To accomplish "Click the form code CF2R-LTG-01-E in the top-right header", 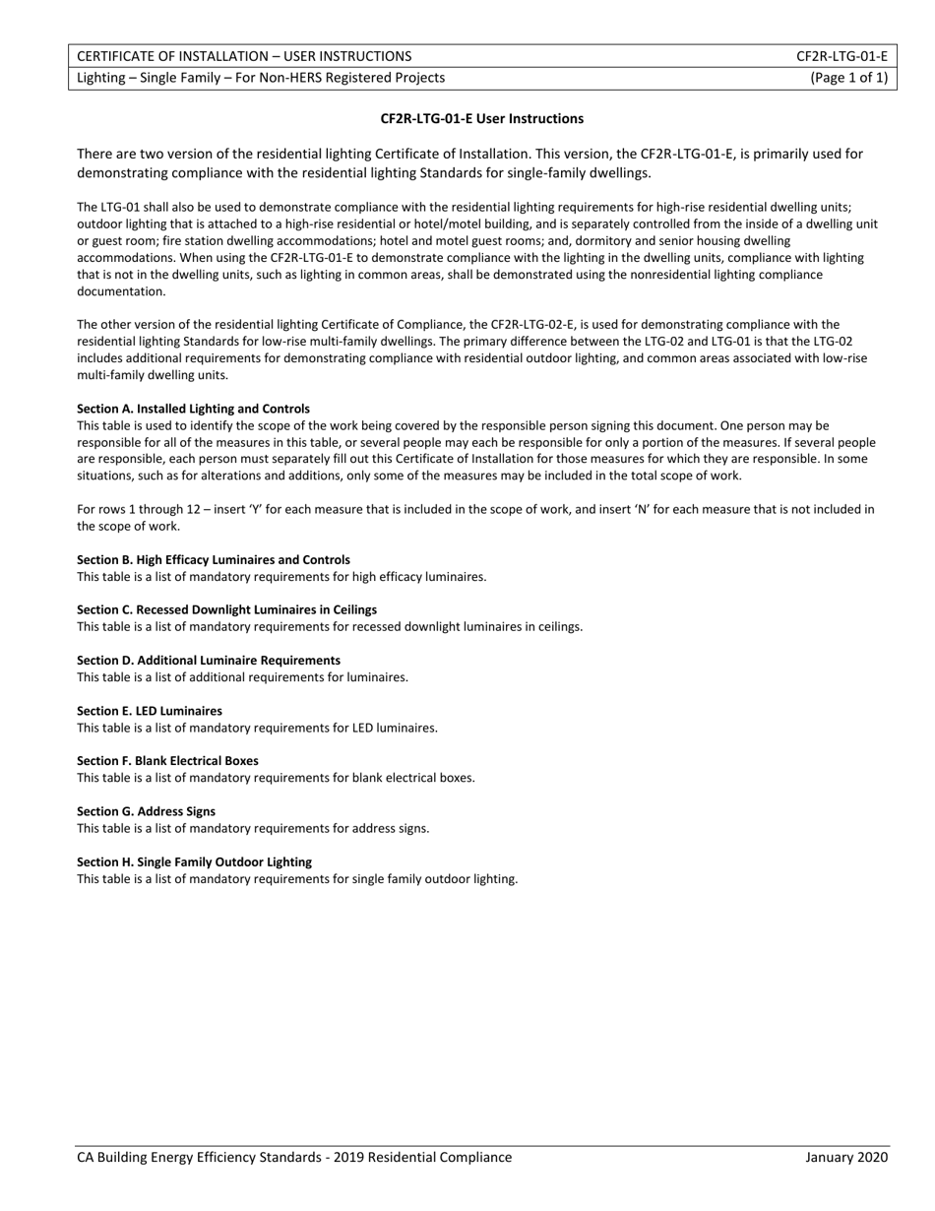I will (x=841, y=56).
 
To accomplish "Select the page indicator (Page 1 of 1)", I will (x=848, y=78).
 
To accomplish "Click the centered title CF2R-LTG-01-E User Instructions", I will (x=482, y=119).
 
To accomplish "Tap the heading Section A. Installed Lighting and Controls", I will (x=193, y=409).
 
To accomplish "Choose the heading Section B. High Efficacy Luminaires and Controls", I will (x=214, y=559).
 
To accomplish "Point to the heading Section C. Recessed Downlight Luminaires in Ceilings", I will (x=226, y=609).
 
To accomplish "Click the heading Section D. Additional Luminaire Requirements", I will (x=209, y=661).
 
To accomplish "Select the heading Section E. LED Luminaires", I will (x=150, y=711).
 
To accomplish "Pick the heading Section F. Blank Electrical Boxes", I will (x=167, y=761).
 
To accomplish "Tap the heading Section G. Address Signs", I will (x=146, y=811).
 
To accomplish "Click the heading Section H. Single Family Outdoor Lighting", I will (x=194, y=861).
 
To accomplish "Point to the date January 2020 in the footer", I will (x=846, y=1157).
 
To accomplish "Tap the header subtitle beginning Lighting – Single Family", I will (x=261, y=78).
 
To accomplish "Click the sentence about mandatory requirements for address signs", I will (x=253, y=828).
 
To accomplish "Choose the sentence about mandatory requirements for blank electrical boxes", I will (x=276, y=778).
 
